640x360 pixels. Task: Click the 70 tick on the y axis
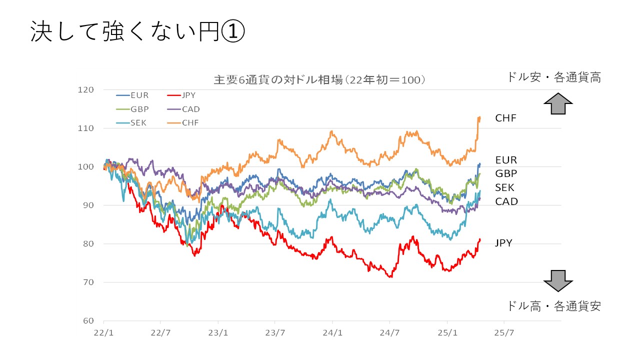point(88,282)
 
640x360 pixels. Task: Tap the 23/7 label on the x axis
point(275,332)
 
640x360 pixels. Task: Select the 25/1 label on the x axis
point(447,332)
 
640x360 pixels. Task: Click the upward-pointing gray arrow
point(558,103)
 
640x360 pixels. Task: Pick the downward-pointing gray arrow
point(558,280)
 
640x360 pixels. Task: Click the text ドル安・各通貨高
point(553,77)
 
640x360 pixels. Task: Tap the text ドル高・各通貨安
point(553,306)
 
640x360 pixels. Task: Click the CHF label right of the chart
point(505,118)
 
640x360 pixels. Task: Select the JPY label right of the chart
point(503,243)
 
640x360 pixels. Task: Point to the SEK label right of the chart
point(504,188)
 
